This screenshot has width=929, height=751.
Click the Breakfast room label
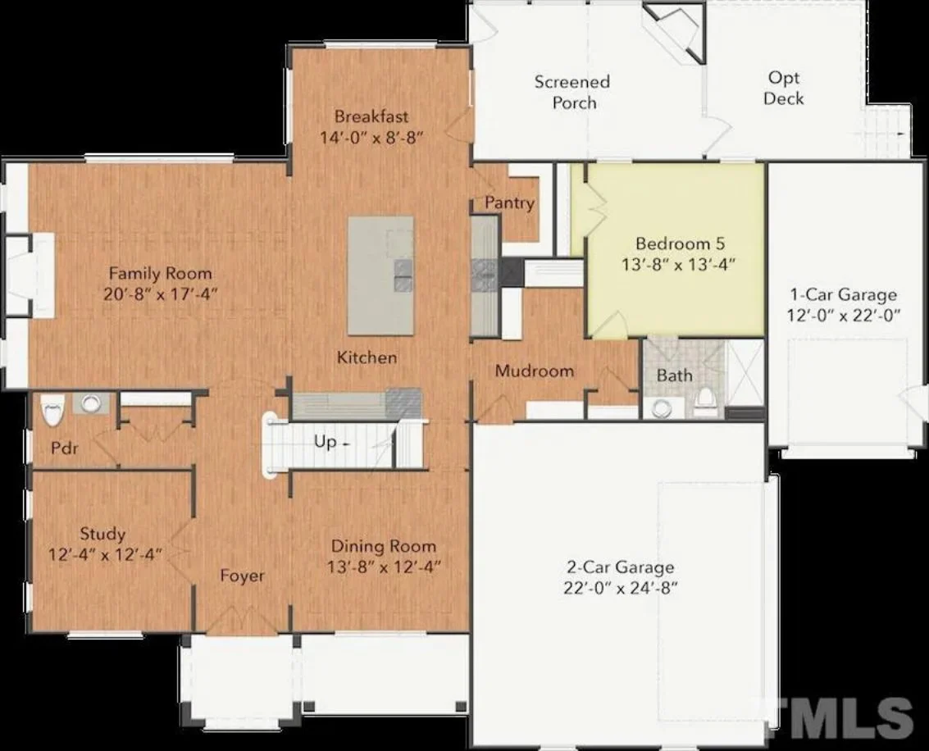(x=371, y=116)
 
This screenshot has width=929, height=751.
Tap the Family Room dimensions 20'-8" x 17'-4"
(x=161, y=294)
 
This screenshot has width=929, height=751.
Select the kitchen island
(x=380, y=275)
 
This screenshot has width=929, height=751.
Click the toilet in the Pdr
(x=52, y=410)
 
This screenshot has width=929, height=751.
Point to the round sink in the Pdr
(x=89, y=403)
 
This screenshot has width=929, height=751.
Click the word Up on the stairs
(x=325, y=441)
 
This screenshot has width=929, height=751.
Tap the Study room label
(x=102, y=535)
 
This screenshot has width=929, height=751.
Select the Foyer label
(x=243, y=576)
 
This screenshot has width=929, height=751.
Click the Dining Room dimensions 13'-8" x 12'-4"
(x=384, y=567)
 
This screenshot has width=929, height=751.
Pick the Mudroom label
(x=534, y=371)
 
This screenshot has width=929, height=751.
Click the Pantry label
(x=509, y=203)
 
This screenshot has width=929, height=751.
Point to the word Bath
(x=674, y=375)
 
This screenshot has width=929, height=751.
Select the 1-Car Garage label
(x=843, y=295)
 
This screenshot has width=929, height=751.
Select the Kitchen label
(x=367, y=357)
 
